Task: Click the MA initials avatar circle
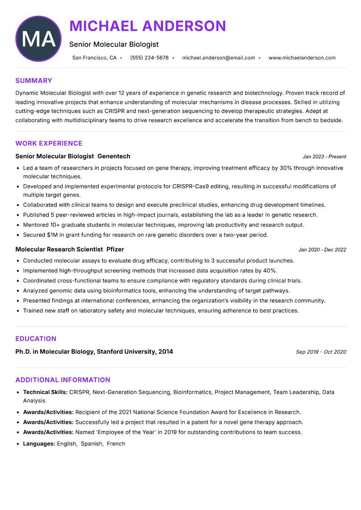38,39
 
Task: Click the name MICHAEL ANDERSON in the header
148,26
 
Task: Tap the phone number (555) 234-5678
149,58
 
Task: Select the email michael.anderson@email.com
218,58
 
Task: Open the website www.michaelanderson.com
302,58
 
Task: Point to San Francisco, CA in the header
94,58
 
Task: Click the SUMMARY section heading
34,81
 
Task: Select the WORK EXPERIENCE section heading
49,144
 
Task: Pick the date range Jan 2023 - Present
324,157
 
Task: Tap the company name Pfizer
115,250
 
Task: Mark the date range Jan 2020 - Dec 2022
322,250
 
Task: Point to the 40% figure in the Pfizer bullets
270,271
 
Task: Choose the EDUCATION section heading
36,339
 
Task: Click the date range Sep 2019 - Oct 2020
321,352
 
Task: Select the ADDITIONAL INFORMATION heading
63,380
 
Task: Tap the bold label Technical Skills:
45,393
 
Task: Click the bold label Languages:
39,444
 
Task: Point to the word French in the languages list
116,444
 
